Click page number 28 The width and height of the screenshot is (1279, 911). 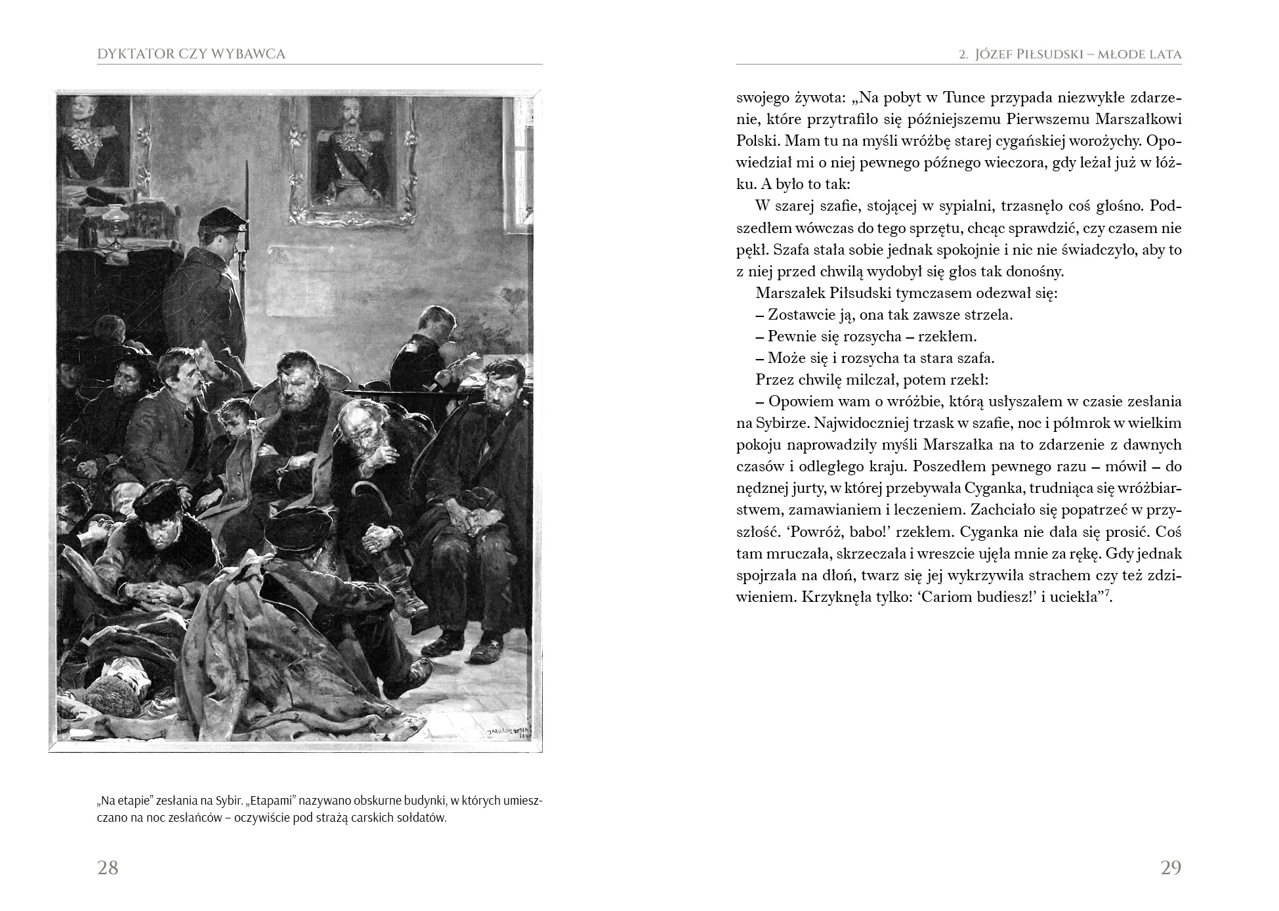(108, 868)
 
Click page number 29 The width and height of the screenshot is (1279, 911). (1171, 868)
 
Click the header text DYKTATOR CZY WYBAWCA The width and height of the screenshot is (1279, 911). (191, 54)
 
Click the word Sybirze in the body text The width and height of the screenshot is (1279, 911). (763, 423)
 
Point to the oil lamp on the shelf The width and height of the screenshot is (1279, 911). (117, 223)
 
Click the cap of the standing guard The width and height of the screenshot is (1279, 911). (221, 219)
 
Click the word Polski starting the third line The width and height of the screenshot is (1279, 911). (757, 141)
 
